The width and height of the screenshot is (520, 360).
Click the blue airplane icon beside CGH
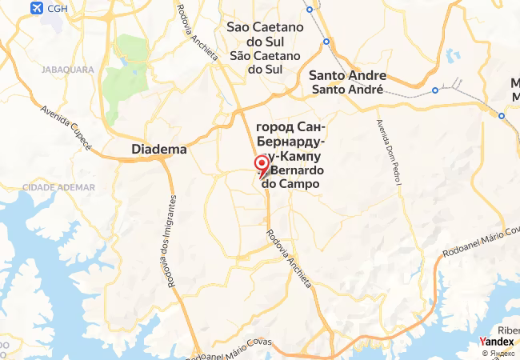coord(34,8)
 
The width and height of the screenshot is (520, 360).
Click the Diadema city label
coord(158,149)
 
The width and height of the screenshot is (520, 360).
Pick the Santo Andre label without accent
coord(347,75)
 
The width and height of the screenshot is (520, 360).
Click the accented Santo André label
coord(347,89)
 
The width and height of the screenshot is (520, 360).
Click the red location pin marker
coord(262,166)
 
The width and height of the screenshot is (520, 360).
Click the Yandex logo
coord(496,342)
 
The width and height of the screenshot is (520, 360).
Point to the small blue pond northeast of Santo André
coord(454,56)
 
